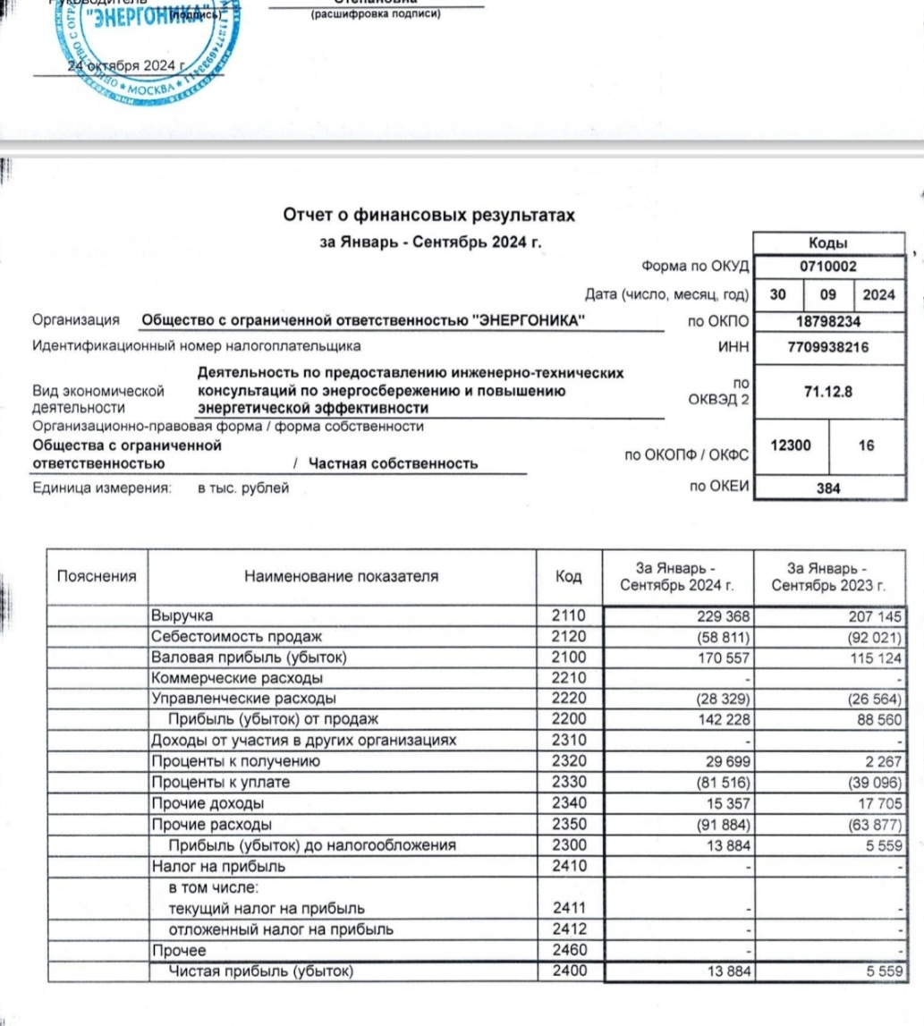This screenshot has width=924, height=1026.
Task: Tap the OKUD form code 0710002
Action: (x=827, y=266)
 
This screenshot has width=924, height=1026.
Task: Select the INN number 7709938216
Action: (x=827, y=346)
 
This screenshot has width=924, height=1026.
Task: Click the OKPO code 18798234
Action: (x=827, y=321)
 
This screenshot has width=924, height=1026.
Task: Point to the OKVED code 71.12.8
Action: (x=827, y=393)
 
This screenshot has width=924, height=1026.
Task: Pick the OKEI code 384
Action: (x=827, y=488)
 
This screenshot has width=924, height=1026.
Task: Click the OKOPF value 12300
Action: (x=790, y=445)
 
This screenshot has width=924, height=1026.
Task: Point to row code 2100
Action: (x=568, y=657)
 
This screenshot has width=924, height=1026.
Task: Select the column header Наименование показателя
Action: (x=341, y=577)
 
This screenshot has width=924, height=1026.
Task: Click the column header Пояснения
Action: (x=97, y=577)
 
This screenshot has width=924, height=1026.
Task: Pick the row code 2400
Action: (x=568, y=971)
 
